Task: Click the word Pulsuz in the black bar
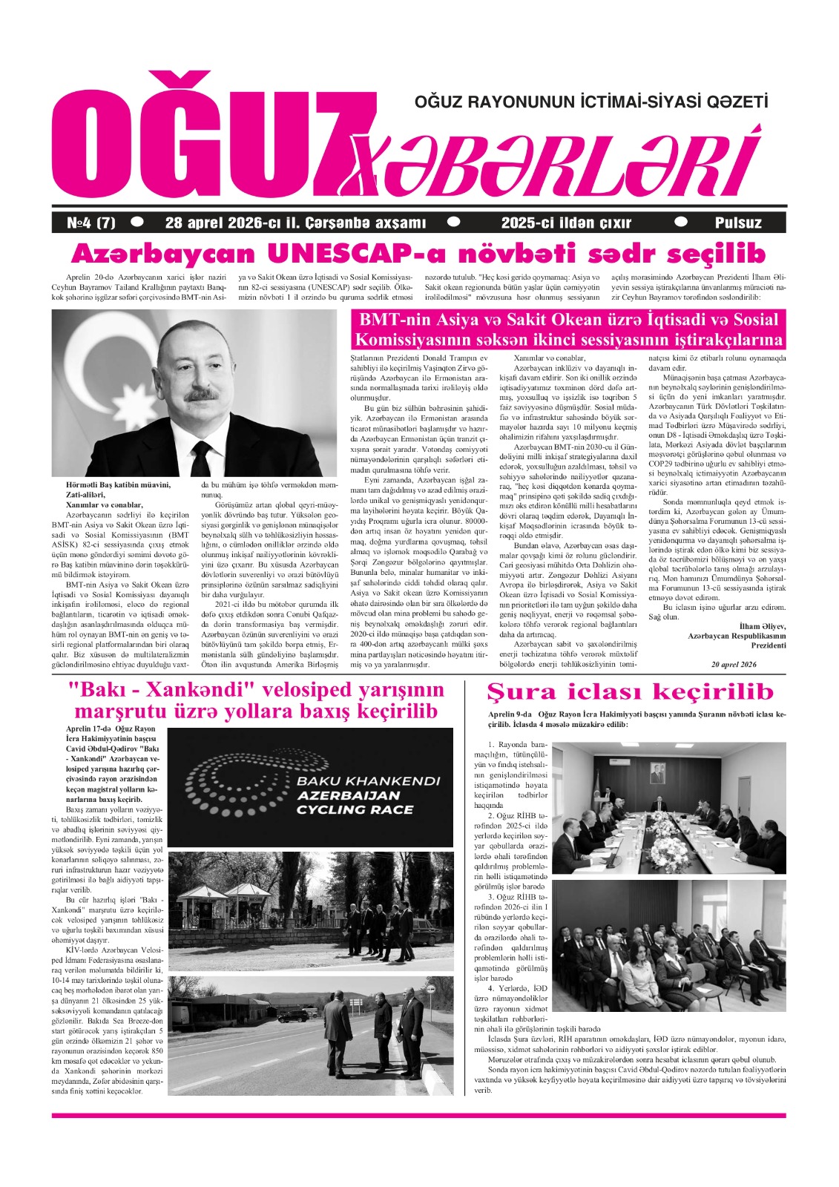click(x=738, y=223)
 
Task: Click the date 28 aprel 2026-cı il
click(x=295, y=223)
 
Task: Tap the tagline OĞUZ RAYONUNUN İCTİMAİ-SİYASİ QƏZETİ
click(x=591, y=101)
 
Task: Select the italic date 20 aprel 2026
click(x=734, y=664)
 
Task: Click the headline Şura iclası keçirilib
click(x=630, y=692)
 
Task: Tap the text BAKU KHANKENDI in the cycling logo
click(x=368, y=781)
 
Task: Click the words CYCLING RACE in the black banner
click(x=355, y=809)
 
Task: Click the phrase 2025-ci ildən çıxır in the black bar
click(x=566, y=223)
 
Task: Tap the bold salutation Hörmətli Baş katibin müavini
click(x=118, y=484)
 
